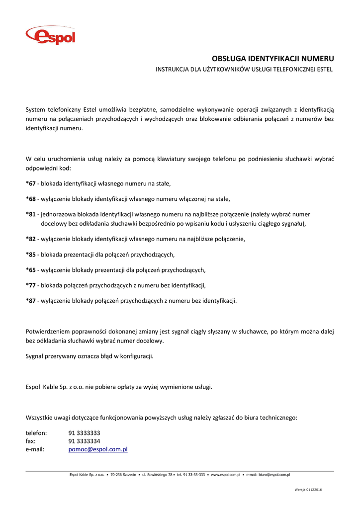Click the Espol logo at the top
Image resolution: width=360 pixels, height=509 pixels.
51,36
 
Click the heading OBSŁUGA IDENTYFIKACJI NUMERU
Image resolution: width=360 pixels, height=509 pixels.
273,59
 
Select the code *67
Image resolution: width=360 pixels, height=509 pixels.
31,184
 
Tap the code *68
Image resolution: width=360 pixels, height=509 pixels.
31,199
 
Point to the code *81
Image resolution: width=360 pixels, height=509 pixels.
31,215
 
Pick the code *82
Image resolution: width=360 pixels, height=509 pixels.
31,240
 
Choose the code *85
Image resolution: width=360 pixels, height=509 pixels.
31,255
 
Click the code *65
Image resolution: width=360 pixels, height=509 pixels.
31,270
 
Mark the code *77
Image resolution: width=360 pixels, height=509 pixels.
31,285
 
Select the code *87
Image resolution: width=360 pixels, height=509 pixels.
31,301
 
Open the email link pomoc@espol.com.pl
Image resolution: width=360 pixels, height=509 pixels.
98,449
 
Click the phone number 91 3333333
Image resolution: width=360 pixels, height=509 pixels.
85,433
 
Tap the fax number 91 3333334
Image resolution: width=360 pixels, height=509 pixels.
85,441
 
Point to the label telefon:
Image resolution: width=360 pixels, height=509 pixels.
36,433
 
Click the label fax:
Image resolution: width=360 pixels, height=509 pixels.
31,441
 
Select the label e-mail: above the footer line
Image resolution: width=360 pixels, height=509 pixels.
35,449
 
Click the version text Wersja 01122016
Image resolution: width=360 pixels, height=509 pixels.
308,490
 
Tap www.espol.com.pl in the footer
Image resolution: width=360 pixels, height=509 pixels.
226,475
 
